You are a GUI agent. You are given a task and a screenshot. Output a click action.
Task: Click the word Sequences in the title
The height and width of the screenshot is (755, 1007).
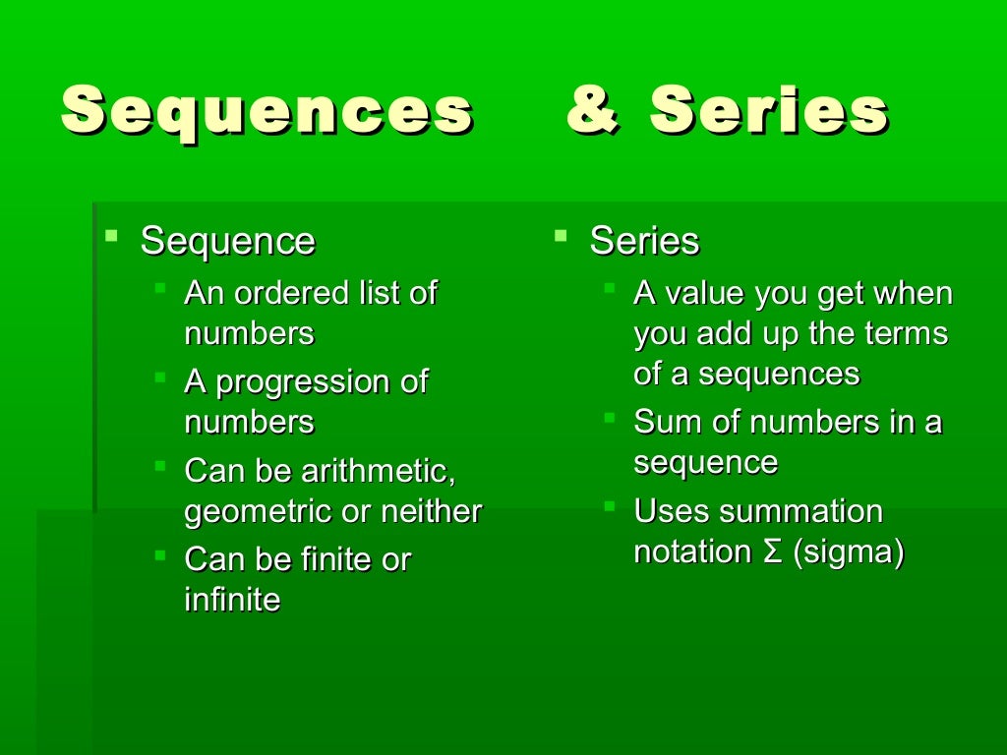click(x=267, y=111)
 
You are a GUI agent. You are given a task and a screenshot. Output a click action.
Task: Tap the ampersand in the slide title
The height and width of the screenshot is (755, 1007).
click(x=593, y=109)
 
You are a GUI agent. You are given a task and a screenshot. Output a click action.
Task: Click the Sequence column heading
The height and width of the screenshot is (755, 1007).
click(x=228, y=241)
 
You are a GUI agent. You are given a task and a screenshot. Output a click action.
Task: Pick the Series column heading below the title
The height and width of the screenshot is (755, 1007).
click(x=644, y=241)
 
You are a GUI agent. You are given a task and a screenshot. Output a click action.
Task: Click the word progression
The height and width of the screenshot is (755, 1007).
click(x=295, y=382)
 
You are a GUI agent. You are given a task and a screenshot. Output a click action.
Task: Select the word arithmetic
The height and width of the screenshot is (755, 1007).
click(x=379, y=472)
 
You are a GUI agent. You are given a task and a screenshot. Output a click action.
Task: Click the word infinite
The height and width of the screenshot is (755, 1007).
click(x=232, y=600)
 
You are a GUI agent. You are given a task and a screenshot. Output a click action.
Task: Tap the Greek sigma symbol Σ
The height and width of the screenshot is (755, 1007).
click(x=772, y=552)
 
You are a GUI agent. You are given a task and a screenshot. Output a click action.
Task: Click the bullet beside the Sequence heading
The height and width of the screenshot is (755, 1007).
click(x=112, y=236)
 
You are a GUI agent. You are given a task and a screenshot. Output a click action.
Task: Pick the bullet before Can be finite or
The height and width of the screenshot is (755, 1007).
click(x=160, y=555)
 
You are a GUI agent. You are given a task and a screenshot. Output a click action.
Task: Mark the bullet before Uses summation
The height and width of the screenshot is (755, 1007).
click(x=610, y=506)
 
